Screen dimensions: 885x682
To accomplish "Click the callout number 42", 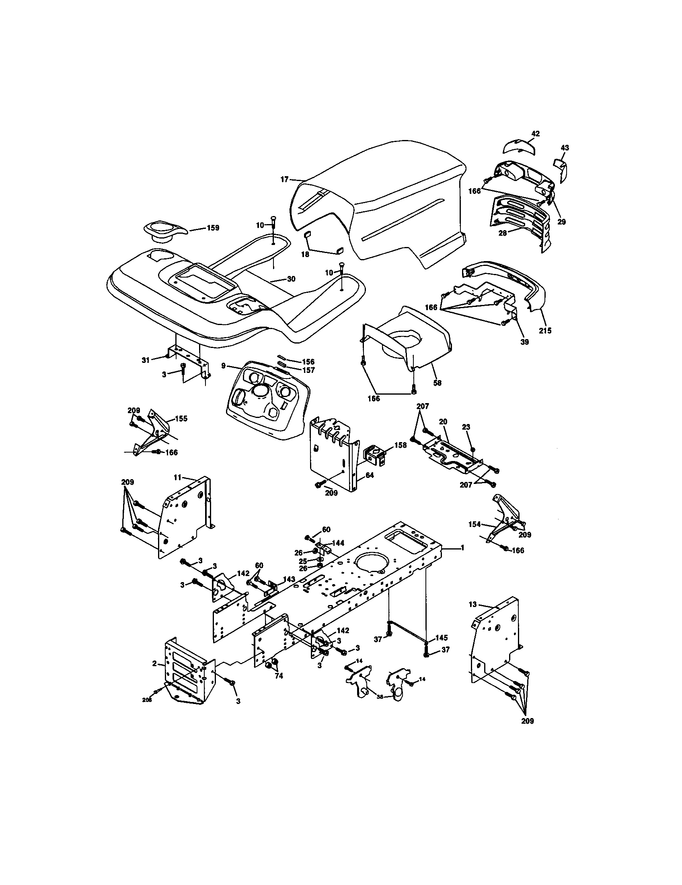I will pyautogui.click(x=535, y=133).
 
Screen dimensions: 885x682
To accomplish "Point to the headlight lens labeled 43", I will pyautogui.click(x=561, y=167).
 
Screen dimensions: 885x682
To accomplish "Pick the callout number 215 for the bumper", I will pyautogui.click(x=545, y=330).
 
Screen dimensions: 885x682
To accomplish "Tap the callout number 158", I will pyautogui.click(x=400, y=445).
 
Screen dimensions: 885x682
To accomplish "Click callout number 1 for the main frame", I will pyautogui.click(x=462, y=547).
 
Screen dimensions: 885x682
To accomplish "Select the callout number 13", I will pyautogui.click(x=472, y=616).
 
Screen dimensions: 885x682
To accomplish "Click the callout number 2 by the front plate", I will pyautogui.click(x=154, y=663).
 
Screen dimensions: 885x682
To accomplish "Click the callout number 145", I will pyautogui.click(x=442, y=638).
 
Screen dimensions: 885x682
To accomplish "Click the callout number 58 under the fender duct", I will pyautogui.click(x=438, y=383).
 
